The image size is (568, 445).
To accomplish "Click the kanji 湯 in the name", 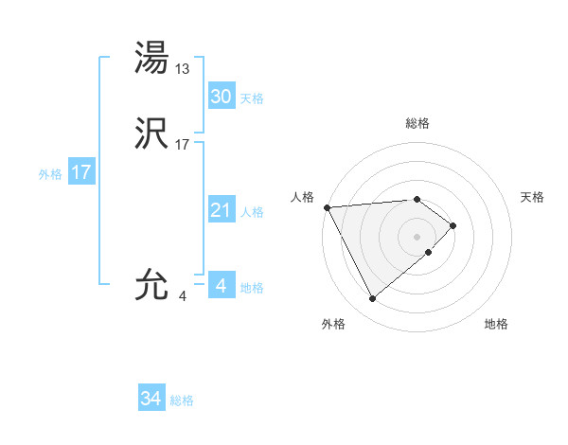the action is (151, 58).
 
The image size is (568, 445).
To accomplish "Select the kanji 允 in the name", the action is (151, 285).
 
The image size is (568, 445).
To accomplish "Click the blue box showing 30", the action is (221, 97).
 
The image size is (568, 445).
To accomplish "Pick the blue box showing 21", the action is (221, 210).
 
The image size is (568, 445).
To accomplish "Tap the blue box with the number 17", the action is (81, 172).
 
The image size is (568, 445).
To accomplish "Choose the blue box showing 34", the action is (151, 399).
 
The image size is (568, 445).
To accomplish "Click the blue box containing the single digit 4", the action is (221, 285).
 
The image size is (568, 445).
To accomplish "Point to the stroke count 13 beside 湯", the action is (183, 69).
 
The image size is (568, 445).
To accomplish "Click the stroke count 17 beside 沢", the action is (183, 145).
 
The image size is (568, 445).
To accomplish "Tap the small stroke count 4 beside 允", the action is (183, 296).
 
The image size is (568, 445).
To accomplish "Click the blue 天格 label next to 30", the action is (252, 98).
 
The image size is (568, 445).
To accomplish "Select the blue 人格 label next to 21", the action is (252, 212).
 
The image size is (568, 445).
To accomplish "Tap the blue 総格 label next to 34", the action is (182, 400).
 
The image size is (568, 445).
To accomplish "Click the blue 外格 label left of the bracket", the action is (50, 174).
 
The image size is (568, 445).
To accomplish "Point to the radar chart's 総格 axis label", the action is (417, 123).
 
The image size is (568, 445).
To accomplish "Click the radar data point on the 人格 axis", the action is (327, 206).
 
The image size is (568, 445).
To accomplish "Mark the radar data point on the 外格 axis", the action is (372, 299).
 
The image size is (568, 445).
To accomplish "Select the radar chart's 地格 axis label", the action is (496, 325).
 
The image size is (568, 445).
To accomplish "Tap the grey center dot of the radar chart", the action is (417, 236).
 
